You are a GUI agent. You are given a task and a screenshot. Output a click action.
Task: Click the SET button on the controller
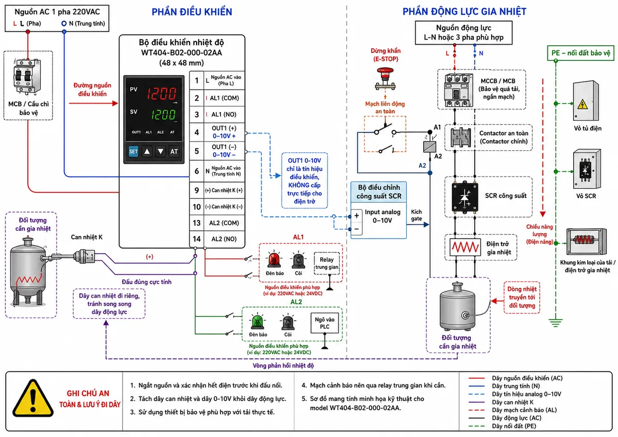pyautogui.click(x=133, y=151)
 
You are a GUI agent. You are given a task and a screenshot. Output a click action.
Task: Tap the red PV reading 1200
pyautogui.click(x=161, y=94)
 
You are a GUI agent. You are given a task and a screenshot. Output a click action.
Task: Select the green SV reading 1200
pyautogui.click(x=163, y=114)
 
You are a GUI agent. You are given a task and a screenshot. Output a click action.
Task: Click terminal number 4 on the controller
pyautogui.click(x=197, y=132)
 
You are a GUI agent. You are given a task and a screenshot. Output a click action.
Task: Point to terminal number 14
pyautogui.click(x=197, y=239)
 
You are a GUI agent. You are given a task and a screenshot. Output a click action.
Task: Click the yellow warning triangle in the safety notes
pyautogui.click(x=33, y=398)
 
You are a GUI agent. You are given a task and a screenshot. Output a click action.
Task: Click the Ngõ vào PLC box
pyautogui.click(x=324, y=323)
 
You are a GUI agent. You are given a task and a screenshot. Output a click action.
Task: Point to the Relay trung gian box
pyautogui.click(x=327, y=264)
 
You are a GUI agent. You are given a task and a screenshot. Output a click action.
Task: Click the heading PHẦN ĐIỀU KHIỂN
pyautogui.click(x=192, y=12)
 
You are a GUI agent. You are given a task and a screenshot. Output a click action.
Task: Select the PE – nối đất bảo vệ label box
pyautogui.click(x=580, y=53)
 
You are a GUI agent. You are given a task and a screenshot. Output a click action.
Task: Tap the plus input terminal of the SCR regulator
pyautogui.click(x=356, y=216)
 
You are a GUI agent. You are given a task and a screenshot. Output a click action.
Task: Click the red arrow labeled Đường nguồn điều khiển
pyautogui.click(x=94, y=103)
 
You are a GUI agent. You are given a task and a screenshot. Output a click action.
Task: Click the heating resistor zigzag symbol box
pyautogui.click(x=465, y=247)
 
